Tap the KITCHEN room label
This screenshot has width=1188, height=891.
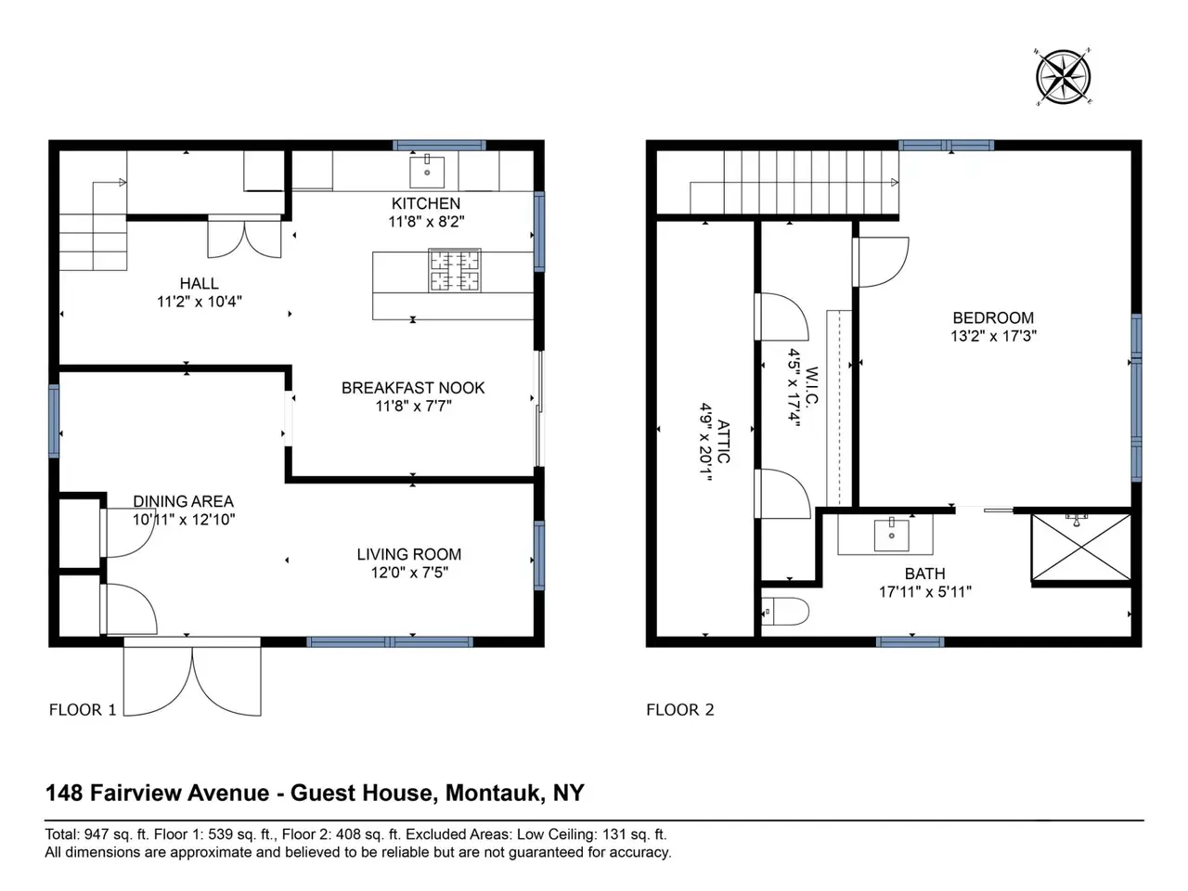coord(426,203)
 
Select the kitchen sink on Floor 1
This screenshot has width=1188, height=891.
coord(427,172)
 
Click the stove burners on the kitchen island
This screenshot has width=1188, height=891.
coord(455,270)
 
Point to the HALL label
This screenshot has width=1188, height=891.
coord(200,283)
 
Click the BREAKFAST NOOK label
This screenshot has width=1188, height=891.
coord(413,388)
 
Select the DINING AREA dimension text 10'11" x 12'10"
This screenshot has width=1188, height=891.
coord(184,520)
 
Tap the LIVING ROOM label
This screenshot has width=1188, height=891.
coord(409,554)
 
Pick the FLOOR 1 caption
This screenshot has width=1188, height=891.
coord(83,710)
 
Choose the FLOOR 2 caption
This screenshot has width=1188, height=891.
coord(679,710)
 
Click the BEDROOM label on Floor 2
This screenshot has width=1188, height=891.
coord(993,317)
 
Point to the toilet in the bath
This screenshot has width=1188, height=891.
coord(785,612)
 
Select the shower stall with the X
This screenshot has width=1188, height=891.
coord(1081,547)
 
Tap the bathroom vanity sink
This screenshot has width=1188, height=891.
coord(891,535)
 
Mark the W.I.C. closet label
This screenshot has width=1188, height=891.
coord(812,386)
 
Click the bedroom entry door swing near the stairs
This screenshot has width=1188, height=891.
coord(881,262)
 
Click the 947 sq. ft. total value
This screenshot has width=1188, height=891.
coord(113,834)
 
